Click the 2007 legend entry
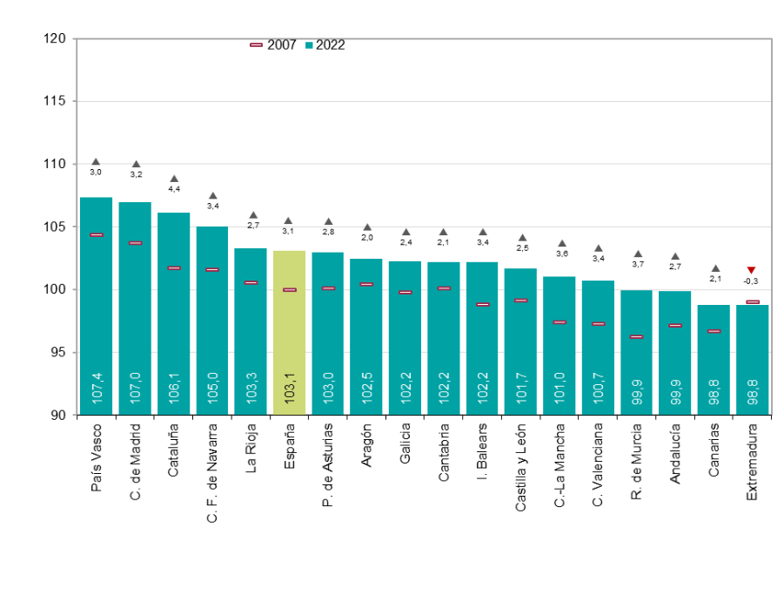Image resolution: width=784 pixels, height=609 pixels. pos(273,45)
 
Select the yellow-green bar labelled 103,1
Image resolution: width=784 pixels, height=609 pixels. pos(289,331)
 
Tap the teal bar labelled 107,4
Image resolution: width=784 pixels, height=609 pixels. pos(97,305)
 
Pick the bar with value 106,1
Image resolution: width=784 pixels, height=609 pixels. pos(174,314)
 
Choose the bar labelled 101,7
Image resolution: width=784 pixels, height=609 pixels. pos(520,340)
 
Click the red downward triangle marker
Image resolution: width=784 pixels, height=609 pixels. pos(752,270)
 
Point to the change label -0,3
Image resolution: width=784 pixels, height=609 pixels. pos(751,281)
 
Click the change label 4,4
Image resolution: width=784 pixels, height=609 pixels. pos(174,189)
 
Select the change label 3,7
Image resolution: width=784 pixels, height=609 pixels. pos(638,264)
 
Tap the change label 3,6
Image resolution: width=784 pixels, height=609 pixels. pos(562,254)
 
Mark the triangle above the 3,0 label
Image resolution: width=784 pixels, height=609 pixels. pos(96,162)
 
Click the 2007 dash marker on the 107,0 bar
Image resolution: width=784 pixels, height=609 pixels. pos(135,243)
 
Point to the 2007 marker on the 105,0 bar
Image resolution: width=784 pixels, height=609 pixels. pos(212,270)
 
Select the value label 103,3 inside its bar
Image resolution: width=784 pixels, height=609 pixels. pos(251,388)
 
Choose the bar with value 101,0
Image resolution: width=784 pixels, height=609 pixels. pos(560,344)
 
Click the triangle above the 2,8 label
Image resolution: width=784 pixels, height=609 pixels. pos(328,222)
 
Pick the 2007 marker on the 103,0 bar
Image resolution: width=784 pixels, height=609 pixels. pos(328,288)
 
